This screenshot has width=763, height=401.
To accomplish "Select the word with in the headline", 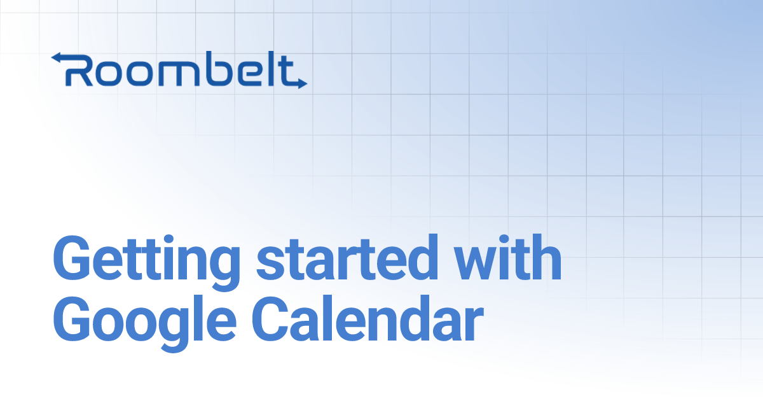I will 505,260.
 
